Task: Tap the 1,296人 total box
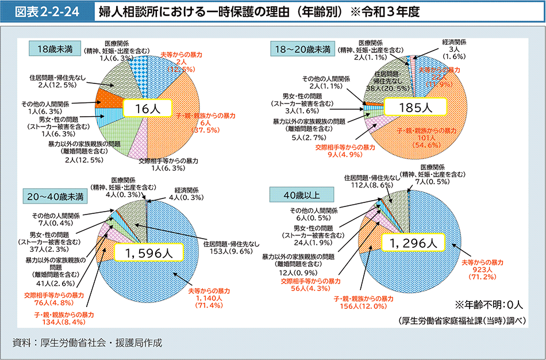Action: coord(413,243)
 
